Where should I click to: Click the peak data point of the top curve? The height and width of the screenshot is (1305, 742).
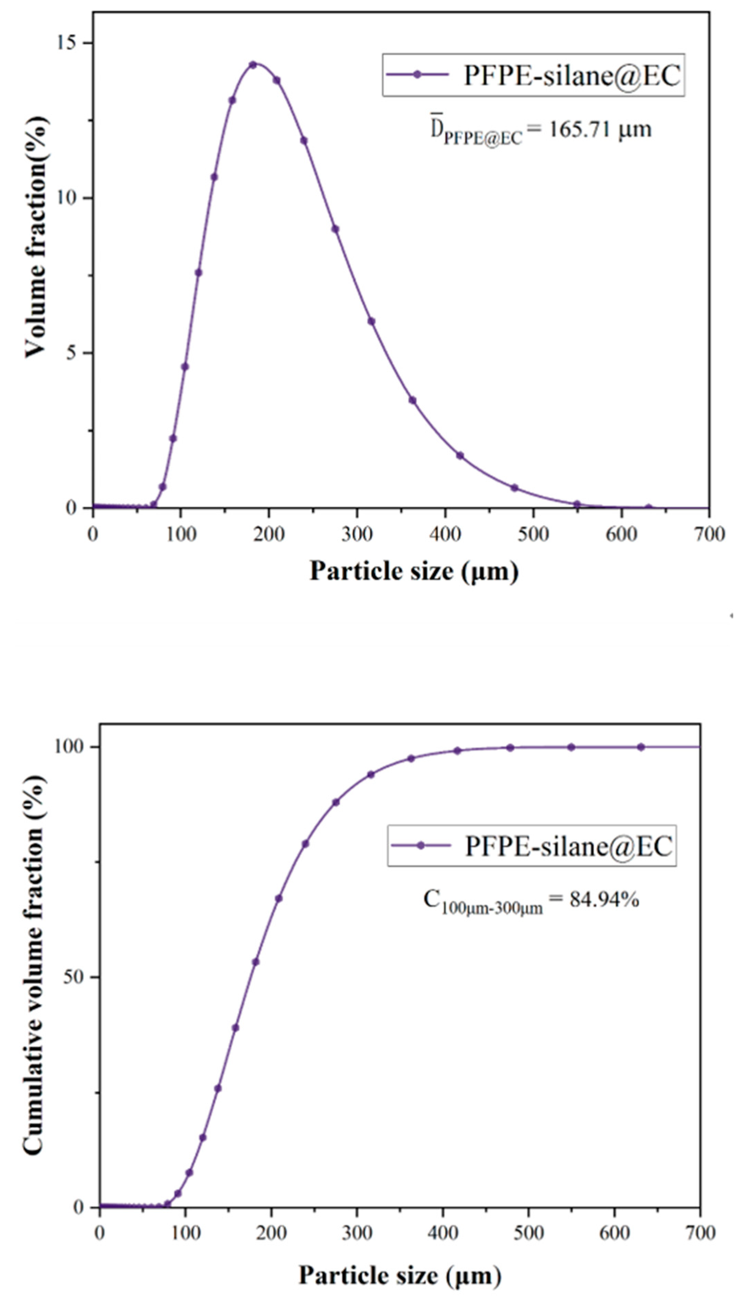253,65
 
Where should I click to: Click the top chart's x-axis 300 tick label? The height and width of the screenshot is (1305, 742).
357,534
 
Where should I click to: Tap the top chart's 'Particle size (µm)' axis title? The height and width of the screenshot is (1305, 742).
414,571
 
